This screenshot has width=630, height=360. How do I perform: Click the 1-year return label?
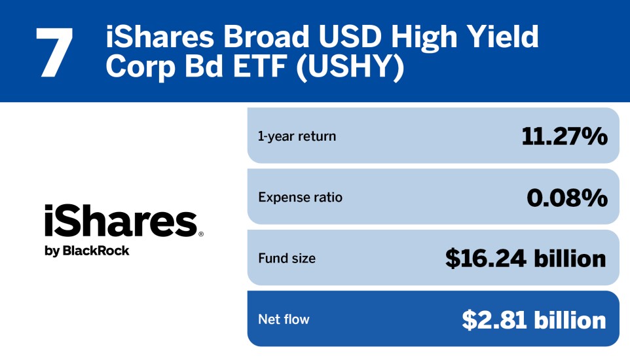(x=297, y=136)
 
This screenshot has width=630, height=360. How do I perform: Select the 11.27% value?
(x=565, y=136)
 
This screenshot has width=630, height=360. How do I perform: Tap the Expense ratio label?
(x=300, y=197)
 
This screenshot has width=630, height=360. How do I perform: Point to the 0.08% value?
(x=567, y=197)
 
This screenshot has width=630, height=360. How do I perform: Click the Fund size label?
(x=287, y=259)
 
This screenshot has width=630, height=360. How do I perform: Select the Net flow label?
(x=284, y=319)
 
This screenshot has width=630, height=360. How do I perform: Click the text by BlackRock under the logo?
(x=87, y=251)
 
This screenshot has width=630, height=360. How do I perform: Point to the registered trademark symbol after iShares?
(x=200, y=233)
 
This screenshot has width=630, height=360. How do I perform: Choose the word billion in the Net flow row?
(x=570, y=319)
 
